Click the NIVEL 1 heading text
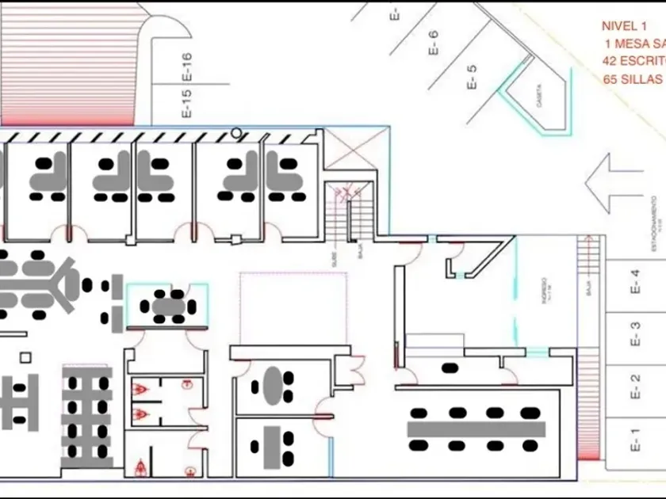tap(625, 26)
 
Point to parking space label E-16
tap(187, 67)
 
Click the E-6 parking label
tap(433, 42)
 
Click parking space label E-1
tap(635, 439)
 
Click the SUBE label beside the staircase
tap(335, 259)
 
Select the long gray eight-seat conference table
tap(477, 429)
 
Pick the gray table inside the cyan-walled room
tap(168, 305)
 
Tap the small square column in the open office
tap(26, 356)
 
